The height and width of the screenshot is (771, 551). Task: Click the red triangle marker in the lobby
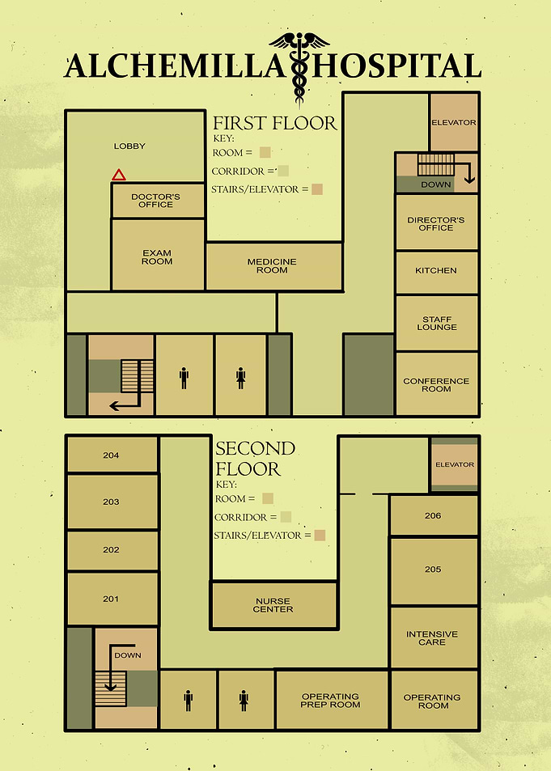point(119,175)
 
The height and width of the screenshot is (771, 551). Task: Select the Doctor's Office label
point(155,201)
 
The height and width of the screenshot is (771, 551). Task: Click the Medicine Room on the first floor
point(274,266)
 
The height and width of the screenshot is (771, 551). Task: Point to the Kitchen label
point(436,270)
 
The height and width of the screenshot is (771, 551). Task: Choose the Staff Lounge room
point(437,323)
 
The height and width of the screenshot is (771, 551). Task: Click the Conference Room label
point(436,384)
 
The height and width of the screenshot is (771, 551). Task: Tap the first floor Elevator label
point(454,122)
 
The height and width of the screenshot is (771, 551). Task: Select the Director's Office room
point(437,222)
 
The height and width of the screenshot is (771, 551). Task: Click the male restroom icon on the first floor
point(184,378)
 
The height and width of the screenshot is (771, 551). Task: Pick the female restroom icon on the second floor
point(244,701)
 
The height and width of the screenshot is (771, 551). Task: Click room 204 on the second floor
point(112,455)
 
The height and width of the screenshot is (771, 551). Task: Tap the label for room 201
point(111,599)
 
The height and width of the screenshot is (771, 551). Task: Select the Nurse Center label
point(273,605)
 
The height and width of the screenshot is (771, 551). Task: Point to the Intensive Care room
point(434,638)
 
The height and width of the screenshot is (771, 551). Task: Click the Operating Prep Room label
point(330,700)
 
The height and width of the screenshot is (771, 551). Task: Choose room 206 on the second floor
point(434,515)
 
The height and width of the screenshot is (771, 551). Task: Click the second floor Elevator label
point(455,464)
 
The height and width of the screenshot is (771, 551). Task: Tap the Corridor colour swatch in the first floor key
point(283,172)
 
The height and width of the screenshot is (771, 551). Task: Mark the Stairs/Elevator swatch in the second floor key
point(320,535)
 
